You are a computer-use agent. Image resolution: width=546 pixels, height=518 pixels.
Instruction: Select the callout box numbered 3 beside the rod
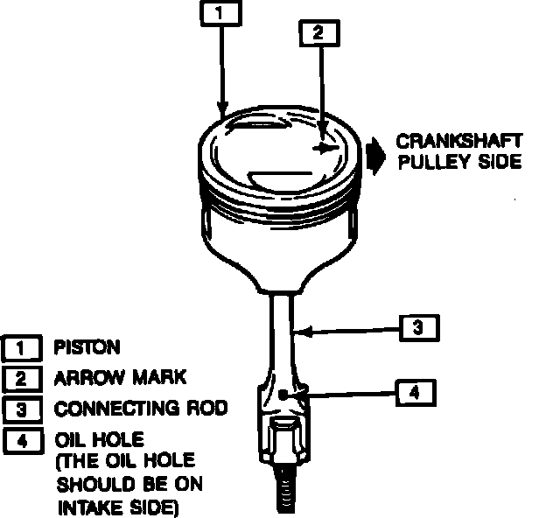tap(418, 328)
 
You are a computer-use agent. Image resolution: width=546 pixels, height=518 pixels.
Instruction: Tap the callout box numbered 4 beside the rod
tap(414, 393)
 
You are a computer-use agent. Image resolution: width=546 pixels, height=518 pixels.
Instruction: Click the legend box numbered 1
tap(21, 348)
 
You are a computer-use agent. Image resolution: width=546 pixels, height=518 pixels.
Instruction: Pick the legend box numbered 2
tap(21, 378)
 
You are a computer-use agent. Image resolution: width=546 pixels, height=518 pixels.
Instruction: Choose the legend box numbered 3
tap(21, 409)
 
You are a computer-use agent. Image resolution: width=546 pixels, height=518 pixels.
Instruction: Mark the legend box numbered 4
tap(21, 440)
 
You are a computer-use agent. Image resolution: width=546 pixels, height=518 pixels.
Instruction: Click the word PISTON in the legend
tap(87, 347)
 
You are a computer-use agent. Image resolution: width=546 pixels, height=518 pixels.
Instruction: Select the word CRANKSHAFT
tap(459, 141)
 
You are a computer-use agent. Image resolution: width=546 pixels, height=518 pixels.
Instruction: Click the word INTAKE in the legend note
tap(85, 506)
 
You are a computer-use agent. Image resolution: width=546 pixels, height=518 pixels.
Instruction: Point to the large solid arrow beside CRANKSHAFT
tap(375, 155)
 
